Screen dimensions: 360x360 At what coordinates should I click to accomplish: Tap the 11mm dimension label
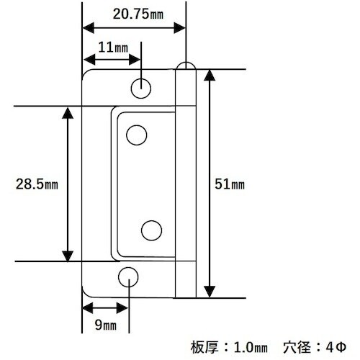tap(112, 48)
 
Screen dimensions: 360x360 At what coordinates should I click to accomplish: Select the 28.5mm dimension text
tap(36, 184)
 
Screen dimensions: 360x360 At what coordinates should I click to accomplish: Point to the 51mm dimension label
tap(230, 184)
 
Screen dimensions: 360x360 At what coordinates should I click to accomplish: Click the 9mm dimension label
tap(105, 326)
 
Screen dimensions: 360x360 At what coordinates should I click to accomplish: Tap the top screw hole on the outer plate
tap(142, 88)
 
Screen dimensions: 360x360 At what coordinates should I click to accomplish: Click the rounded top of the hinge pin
tap(186, 67)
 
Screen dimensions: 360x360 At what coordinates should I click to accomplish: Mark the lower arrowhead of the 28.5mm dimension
tap(68, 255)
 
